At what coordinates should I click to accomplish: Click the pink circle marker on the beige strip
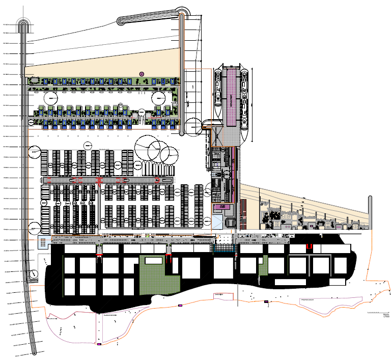coord(142,74)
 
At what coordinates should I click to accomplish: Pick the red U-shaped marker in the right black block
coord(309,246)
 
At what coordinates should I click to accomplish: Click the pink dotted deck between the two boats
coord(232,97)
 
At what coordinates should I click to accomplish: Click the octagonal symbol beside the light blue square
coord(231,222)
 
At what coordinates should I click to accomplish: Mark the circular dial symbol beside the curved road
coord(33,273)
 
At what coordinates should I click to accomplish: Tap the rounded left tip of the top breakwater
coord(121,21)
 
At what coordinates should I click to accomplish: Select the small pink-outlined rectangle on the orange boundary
coord(180,305)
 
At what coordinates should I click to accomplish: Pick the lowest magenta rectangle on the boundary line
coord(99,345)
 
